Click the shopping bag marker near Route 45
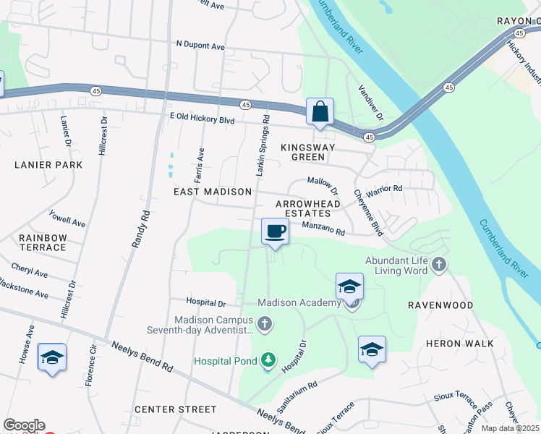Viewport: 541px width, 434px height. [320, 113]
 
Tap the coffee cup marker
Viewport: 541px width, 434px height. [274, 232]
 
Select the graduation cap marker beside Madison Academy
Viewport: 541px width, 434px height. [349, 286]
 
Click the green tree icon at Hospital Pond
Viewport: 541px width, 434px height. [268, 359]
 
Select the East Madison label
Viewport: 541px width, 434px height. [213, 192]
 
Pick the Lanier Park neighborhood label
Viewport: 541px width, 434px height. [48, 165]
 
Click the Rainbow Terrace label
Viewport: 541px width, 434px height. [43, 242]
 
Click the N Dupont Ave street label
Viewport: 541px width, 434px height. [200, 46]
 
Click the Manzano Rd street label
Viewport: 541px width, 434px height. [323, 229]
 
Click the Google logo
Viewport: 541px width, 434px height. [24, 425]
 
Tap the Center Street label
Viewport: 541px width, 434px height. [176, 409]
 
